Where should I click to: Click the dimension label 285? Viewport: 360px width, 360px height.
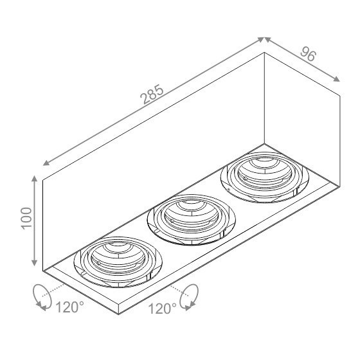click(152, 94)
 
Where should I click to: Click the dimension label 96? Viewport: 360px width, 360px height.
click(308, 54)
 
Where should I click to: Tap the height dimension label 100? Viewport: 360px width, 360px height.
click(26, 218)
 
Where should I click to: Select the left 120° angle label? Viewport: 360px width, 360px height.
click(70, 307)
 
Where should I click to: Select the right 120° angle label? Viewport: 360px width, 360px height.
click(162, 309)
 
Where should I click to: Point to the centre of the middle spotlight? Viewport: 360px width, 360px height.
click(192, 219)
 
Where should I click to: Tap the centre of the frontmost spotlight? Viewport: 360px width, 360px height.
click(118, 262)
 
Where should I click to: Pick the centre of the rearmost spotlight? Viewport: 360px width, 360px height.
click(264, 177)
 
